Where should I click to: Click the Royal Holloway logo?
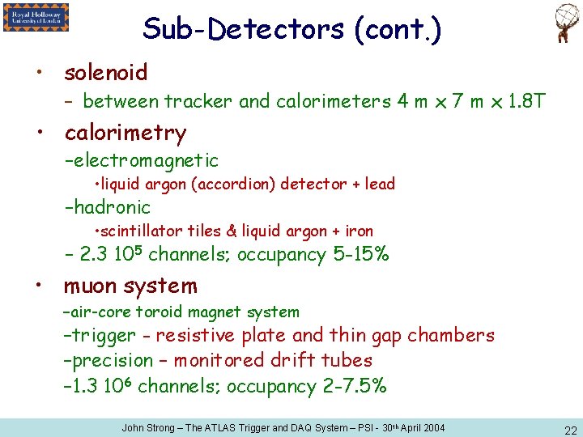[x=36, y=17]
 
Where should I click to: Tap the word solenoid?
[x=105, y=73]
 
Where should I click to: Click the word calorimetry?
[x=125, y=133]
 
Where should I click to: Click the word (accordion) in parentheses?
[x=236, y=185]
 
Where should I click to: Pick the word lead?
[x=380, y=185]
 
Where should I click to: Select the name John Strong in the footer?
[x=147, y=427]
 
